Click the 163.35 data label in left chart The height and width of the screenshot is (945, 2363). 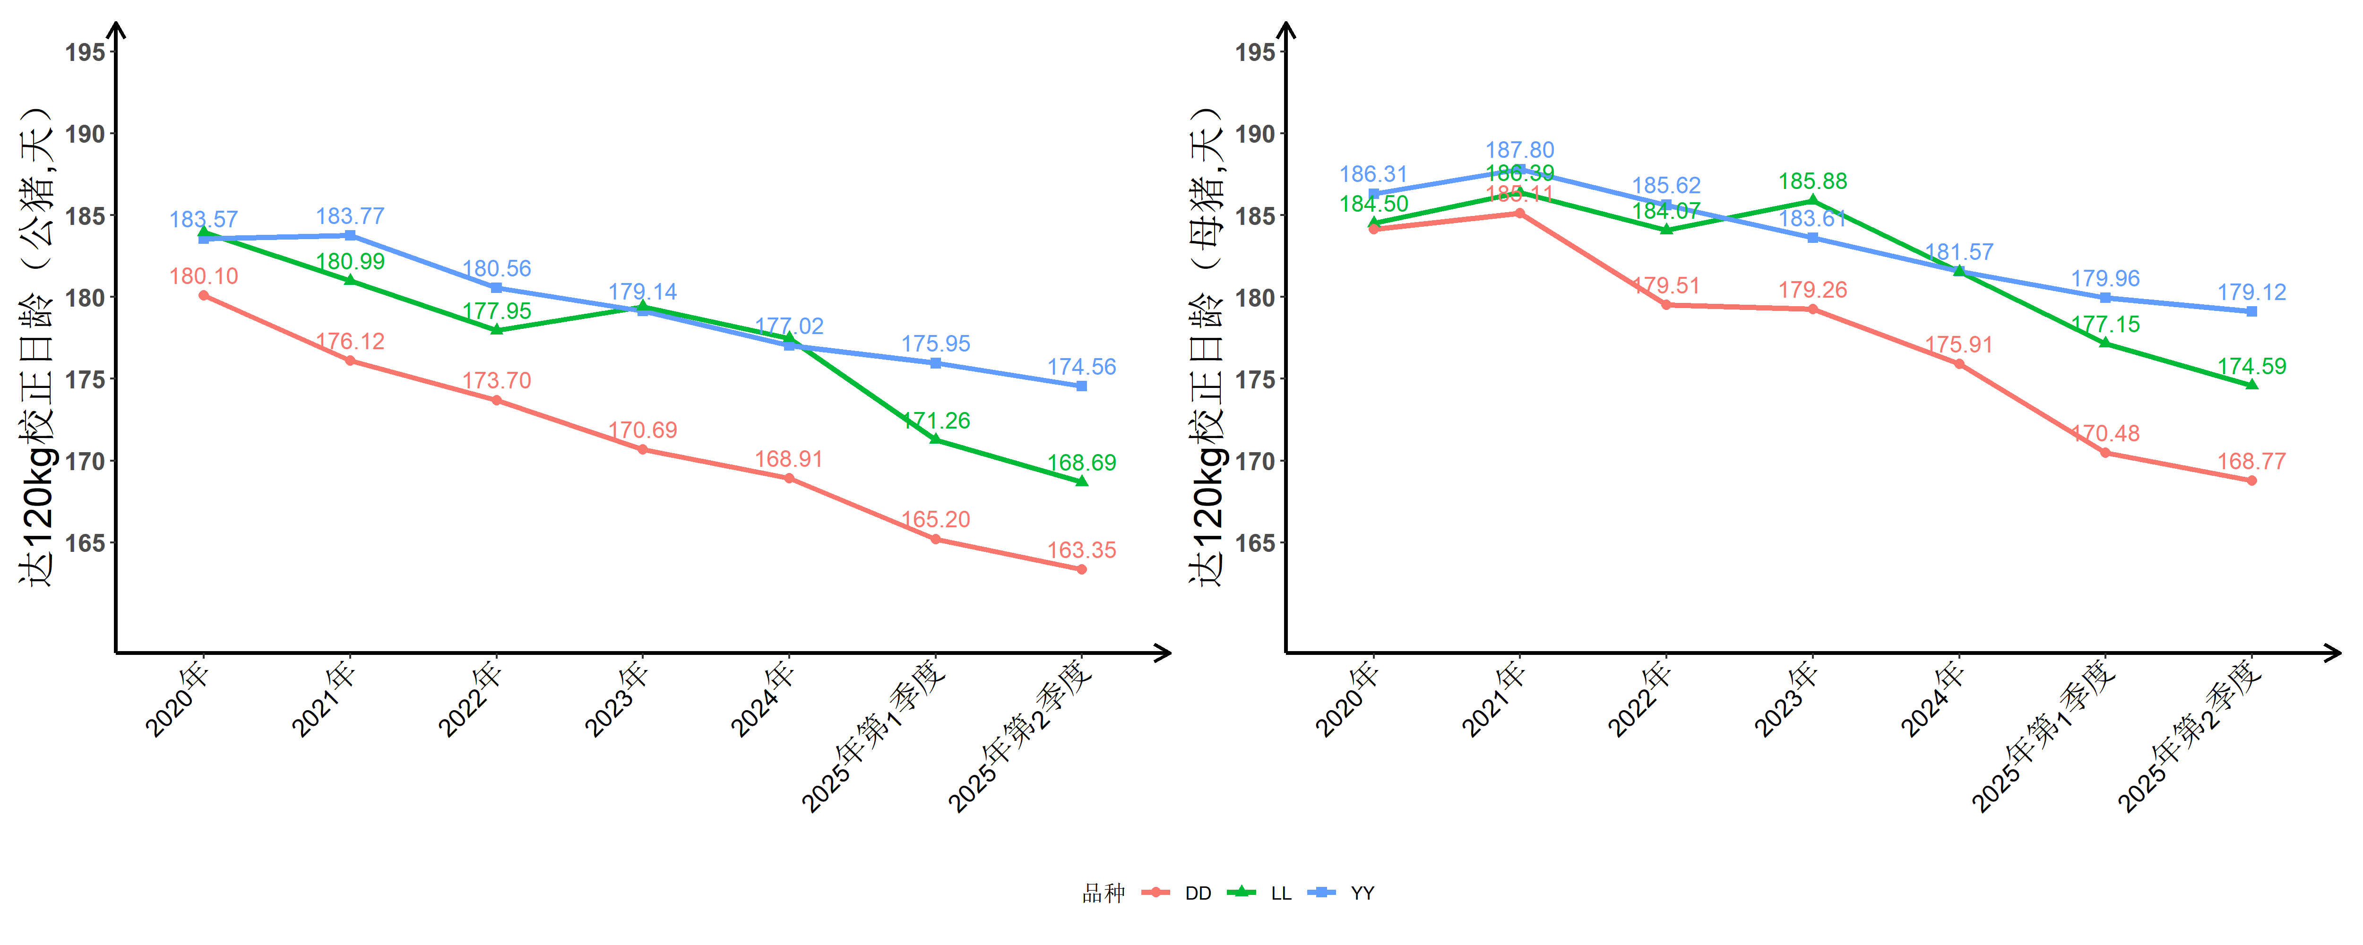pyautogui.click(x=1081, y=550)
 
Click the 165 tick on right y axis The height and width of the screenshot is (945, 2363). pyautogui.click(x=1255, y=543)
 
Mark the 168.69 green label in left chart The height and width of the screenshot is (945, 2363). pyautogui.click(x=1081, y=463)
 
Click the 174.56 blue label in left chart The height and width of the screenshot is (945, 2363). pyautogui.click(x=1081, y=367)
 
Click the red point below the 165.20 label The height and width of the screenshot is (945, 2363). pyautogui.click(x=935, y=540)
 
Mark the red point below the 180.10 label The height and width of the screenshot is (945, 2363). pyautogui.click(x=204, y=295)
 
